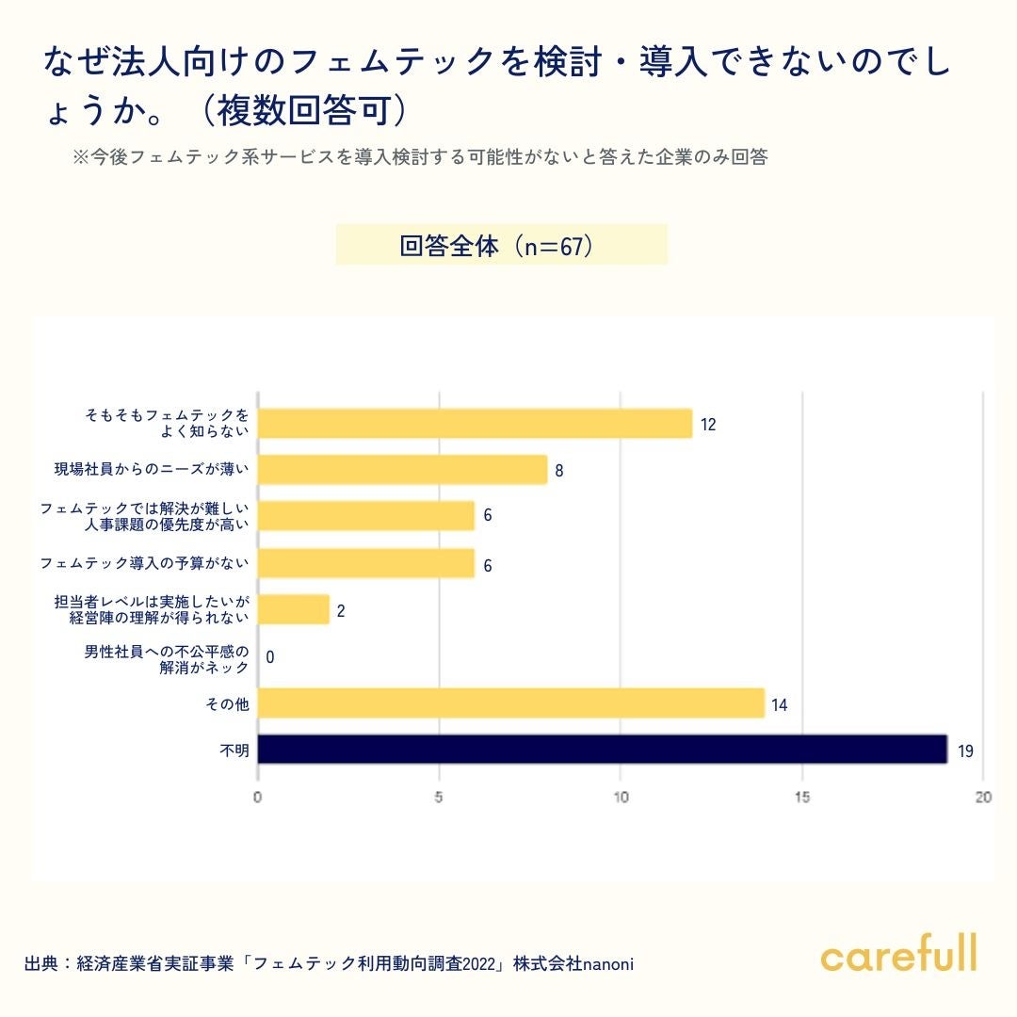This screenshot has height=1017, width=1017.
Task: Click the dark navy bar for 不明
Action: click(x=603, y=750)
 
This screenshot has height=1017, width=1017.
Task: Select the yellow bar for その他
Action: click(x=511, y=703)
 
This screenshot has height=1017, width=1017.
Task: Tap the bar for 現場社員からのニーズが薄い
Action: click(x=403, y=470)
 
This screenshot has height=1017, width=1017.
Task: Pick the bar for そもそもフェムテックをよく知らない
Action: click(x=476, y=424)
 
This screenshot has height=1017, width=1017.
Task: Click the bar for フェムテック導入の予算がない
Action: click(x=366, y=563)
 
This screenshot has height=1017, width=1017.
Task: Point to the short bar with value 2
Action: click(x=294, y=609)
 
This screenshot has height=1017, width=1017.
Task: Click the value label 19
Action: click(x=965, y=751)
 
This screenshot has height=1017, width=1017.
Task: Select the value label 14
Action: click(x=781, y=704)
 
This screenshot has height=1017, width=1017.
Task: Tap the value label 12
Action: click(x=708, y=425)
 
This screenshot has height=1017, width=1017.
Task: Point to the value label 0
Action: click(x=270, y=657)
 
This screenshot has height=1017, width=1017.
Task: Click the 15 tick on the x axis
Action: click(x=802, y=798)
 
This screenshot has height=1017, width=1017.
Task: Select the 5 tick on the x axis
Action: click(x=439, y=798)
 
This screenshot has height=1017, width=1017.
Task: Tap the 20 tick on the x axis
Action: click(x=983, y=798)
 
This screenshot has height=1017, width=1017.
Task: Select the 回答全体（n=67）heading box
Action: click(x=502, y=246)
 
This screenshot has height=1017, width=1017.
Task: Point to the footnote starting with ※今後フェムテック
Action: click(x=420, y=157)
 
